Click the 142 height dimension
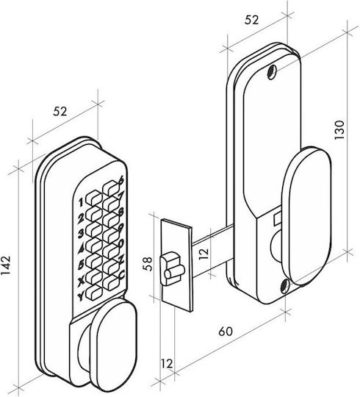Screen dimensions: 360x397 [x=6, y=265]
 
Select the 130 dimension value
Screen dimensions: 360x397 [x=339, y=130]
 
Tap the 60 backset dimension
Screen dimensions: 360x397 [x=225, y=331]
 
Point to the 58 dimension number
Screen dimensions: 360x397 [x=148, y=264]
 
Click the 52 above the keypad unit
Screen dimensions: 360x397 [x=60, y=112]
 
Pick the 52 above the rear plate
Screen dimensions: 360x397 [x=251, y=21]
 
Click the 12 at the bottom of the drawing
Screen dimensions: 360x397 [x=167, y=364]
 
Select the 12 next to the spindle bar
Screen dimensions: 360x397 [x=204, y=254]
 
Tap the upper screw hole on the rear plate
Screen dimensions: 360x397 [x=272, y=72]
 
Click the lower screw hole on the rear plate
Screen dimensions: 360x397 [x=285, y=287]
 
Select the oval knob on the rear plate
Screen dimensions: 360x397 [x=306, y=216]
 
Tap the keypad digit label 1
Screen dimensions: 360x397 [x=81, y=203]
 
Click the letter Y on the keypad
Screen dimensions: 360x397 [x=81, y=297]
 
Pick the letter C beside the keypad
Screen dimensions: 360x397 [x=121, y=274]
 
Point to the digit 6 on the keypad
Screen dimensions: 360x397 [x=121, y=180]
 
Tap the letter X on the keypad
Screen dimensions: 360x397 [x=81, y=282]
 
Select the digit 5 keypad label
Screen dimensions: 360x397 [x=81, y=265]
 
